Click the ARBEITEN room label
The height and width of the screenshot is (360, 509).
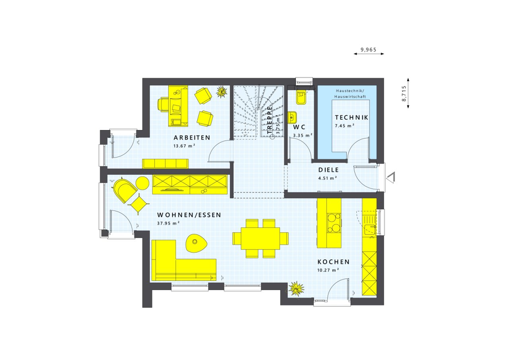click(x=192, y=138)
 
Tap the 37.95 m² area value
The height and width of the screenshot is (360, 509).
click(x=168, y=223)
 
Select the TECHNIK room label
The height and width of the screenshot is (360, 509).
click(x=351, y=117)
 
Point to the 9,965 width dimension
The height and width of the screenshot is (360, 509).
click(x=368, y=50)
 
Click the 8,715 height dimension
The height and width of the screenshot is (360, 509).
click(x=404, y=93)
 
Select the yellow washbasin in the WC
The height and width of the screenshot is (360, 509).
click(x=292, y=117)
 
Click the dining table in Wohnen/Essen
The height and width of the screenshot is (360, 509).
click(x=260, y=238)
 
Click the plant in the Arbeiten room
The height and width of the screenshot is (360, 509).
click(x=221, y=91)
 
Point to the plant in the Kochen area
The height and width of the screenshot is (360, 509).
click(x=296, y=289)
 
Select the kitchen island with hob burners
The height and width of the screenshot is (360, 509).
click(x=329, y=223)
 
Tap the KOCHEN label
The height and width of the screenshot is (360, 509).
click(x=333, y=262)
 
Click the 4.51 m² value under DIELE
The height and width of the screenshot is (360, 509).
click(x=327, y=178)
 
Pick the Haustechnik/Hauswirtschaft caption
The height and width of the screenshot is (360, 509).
click(x=351, y=93)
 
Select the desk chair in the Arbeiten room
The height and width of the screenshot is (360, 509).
click(x=163, y=104)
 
